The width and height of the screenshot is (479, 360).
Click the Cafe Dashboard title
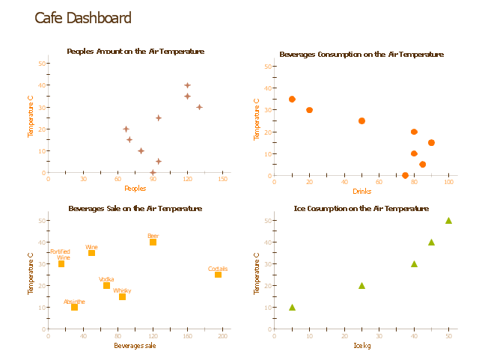(x=83, y=19)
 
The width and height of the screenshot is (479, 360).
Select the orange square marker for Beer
(x=153, y=242)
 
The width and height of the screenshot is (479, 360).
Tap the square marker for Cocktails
(x=218, y=275)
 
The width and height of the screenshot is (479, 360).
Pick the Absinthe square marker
(x=74, y=307)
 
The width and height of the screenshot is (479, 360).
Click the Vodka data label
(x=106, y=279)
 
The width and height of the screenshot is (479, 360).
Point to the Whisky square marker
(x=122, y=296)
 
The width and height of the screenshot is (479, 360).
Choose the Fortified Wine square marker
(x=61, y=263)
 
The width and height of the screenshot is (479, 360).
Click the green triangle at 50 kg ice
(x=448, y=220)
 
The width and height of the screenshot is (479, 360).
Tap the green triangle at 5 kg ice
(x=292, y=307)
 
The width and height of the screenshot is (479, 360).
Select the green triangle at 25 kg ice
(x=361, y=285)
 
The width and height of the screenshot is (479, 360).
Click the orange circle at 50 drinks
(x=361, y=120)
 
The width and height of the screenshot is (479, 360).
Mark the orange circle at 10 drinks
(x=292, y=99)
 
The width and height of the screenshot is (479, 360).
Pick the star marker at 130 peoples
(x=199, y=107)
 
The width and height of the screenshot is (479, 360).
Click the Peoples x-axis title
(x=135, y=189)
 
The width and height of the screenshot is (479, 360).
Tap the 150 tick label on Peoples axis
(x=222, y=179)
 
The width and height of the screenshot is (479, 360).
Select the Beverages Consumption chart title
(x=361, y=55)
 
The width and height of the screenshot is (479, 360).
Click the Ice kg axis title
(x=361, y=346)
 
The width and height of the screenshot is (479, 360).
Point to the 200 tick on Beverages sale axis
(x=222, y=336)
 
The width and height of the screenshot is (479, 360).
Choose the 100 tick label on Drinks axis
(x=448, y=182)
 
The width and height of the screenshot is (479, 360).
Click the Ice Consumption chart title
(x=361, y=208)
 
